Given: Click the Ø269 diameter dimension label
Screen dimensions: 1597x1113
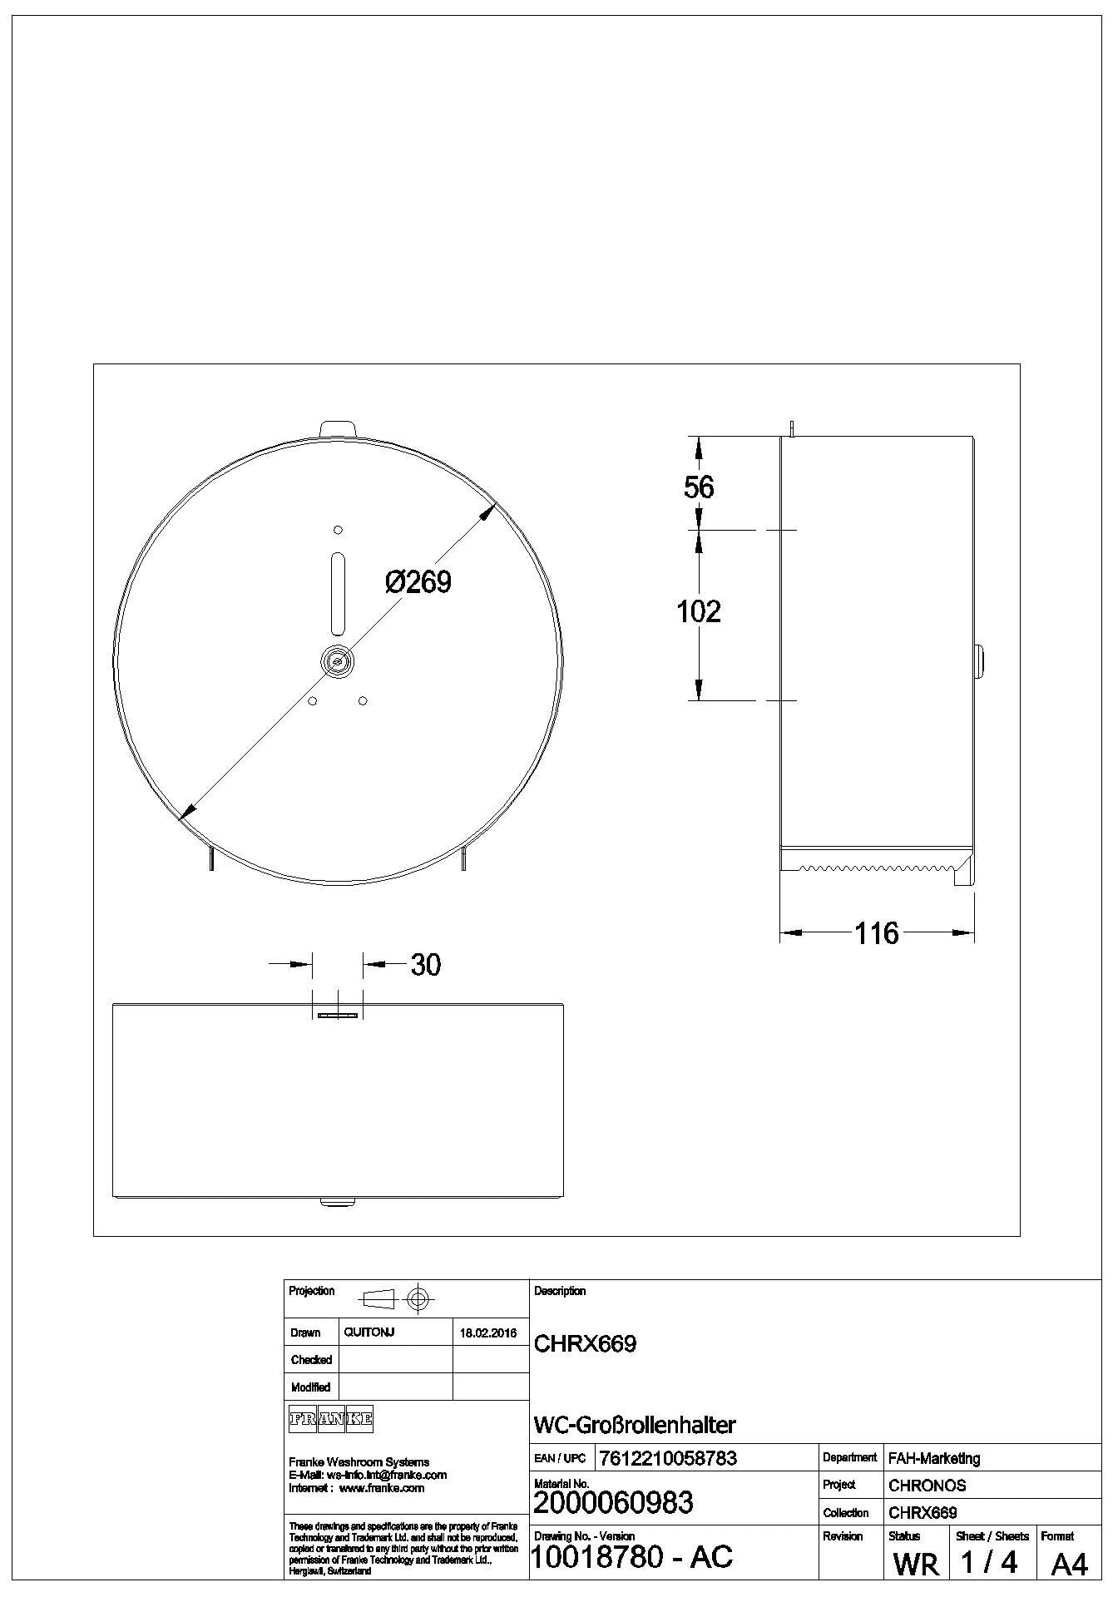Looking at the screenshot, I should tap(418, 581).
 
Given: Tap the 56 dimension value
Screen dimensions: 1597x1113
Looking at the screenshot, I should tap(699, 487).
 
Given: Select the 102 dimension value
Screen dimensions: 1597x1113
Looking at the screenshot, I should tap(699, 611).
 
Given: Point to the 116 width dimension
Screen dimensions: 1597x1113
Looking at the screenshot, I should tap(877, 933).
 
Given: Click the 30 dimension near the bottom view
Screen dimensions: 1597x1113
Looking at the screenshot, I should tap(425, 965).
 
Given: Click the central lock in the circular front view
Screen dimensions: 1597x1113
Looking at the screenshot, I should tap(338, 660).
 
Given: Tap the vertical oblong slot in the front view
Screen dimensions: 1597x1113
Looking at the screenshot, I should tap(338, 593).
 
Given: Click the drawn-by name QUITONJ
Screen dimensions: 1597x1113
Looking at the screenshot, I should tap(369, 1332).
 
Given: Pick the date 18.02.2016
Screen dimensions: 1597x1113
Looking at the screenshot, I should tap(488, 1332).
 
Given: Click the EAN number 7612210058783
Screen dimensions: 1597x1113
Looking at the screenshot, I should tap(667, 1457).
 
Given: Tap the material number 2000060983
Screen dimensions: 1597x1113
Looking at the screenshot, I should tap(613, 1502).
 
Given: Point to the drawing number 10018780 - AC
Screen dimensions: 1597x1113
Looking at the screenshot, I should tap(631, 1555).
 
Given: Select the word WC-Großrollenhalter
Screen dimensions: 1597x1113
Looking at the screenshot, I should tap(634, 1425).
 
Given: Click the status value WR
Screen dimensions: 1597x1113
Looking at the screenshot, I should tap(915, 1564).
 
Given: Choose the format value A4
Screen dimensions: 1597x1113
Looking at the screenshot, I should tap(1069, 1564).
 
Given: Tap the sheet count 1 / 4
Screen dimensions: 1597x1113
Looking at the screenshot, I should tap(989, 1562).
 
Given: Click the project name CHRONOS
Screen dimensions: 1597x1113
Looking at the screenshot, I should tap(927, 1485).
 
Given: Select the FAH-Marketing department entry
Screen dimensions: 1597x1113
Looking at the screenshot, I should tap(934, 1457).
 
